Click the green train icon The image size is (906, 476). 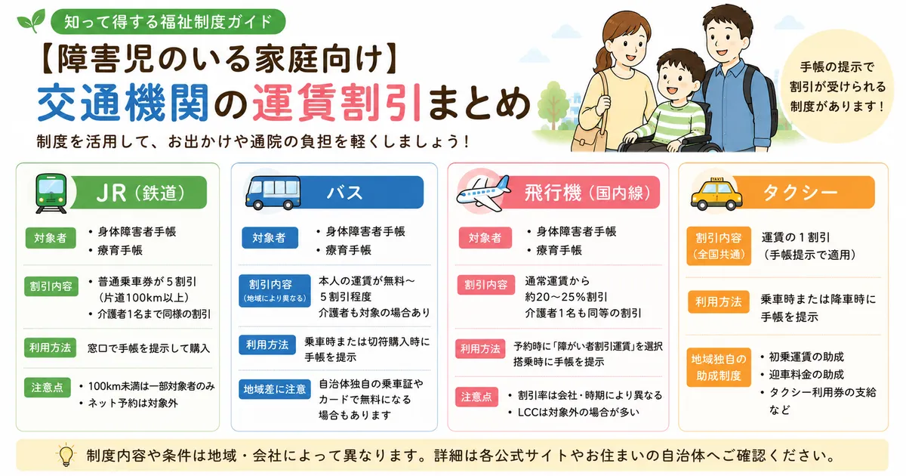(51, 193)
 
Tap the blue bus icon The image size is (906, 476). (273, 193)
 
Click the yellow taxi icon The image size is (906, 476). (716, 195)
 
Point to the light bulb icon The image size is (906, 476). (66, 455)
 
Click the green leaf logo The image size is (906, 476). (31, 20)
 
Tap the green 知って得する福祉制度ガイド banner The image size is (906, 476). (168, 21)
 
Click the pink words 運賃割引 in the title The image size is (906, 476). (337, 103)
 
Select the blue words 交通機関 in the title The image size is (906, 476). (123, 103)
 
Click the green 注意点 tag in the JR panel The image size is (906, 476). (48, 388)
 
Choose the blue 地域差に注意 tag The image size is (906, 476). (275, 389)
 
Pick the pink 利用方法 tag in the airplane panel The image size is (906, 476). (480, 349)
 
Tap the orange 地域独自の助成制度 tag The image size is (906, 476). (718, 367)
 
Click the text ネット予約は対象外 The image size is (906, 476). (133, 403)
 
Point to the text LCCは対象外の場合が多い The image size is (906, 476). (578, 412)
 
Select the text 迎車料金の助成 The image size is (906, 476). (806, 375)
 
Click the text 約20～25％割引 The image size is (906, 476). (566, 297)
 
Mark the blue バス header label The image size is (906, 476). (344, 193)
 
